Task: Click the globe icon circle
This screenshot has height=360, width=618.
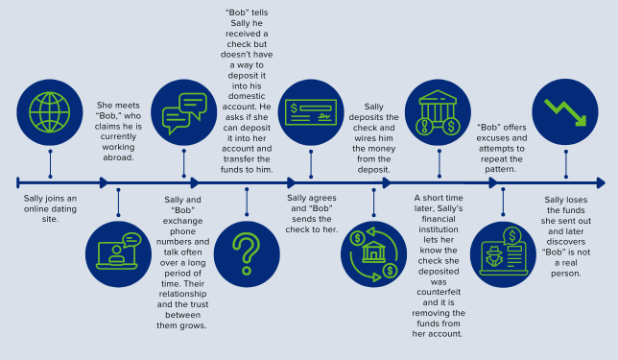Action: tap(50, 112)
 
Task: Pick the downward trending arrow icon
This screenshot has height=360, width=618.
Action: tap(566, 111)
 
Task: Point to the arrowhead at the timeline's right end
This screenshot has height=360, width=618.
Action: tap(600, 181)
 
